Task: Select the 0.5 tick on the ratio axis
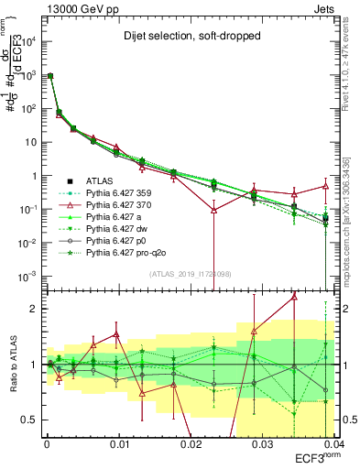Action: point(33,420)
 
